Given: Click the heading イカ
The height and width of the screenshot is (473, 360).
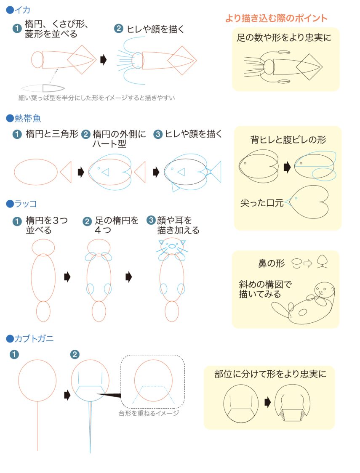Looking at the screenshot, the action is tap(22, 10).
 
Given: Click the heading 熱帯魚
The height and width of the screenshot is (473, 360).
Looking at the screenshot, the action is tap(28, 118).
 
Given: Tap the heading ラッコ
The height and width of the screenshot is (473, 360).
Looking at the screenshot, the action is tap(26, 204).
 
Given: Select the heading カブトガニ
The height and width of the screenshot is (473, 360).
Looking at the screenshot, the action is tap(34, 338).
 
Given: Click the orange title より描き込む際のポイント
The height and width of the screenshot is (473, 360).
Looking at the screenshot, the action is tap(276, 18).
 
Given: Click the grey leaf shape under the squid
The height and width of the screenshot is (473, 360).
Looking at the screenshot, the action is tap(43, 88).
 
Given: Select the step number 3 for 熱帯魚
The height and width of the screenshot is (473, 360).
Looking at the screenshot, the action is tap(157, 134).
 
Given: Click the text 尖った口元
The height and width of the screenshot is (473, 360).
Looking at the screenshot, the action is tap(261, 203).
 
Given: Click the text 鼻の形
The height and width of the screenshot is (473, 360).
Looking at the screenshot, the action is tap(272, 263).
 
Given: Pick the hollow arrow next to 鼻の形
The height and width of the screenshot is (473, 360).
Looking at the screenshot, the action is tap(308, 263).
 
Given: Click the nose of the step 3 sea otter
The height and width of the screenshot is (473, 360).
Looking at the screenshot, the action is tap(172, 246).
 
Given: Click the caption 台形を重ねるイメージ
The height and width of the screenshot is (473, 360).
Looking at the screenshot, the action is tap(149, 413).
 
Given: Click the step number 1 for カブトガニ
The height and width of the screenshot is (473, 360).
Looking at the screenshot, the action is tap(14, 354).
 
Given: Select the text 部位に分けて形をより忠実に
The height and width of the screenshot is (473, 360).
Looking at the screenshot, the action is tap(270, 374).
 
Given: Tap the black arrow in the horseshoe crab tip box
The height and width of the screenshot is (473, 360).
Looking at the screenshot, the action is tap(267, 402).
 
